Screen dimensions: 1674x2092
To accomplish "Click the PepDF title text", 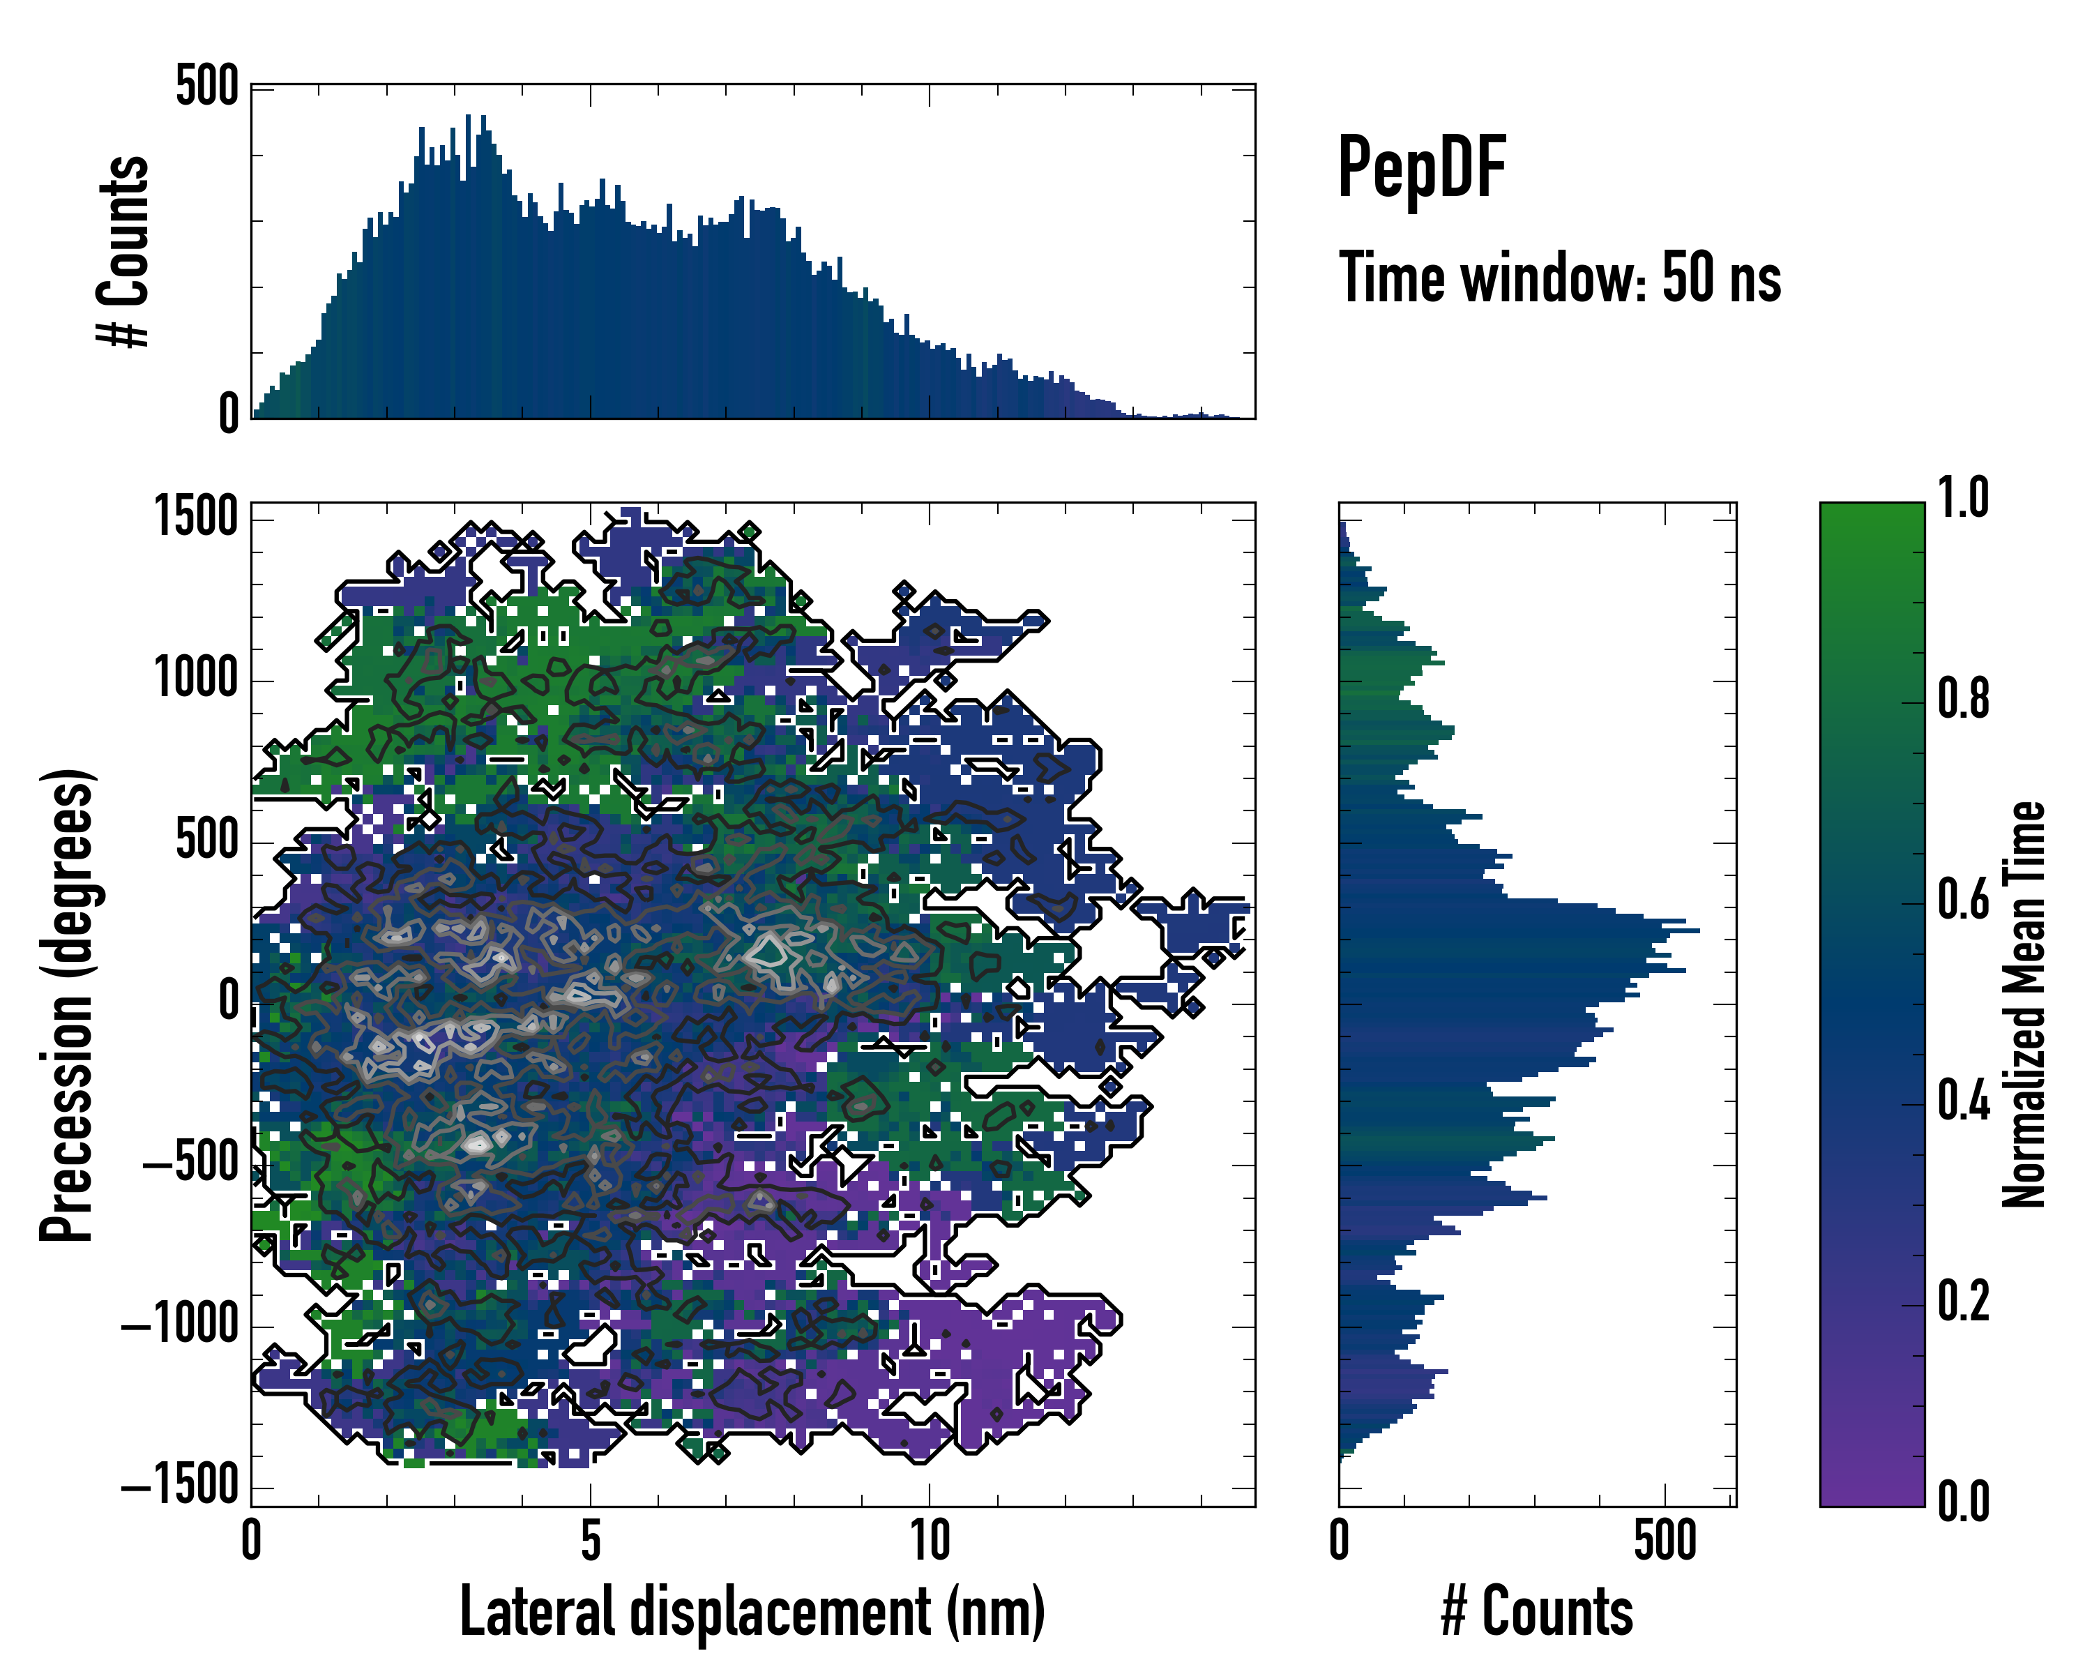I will (1420, 167).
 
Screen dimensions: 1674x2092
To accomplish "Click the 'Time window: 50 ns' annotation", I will (1559, 278).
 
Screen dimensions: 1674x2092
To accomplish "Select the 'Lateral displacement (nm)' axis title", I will (752, 1612).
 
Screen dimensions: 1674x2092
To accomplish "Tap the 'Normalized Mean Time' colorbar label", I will (2023, 1004).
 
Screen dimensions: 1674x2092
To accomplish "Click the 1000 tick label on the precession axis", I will (196, 679).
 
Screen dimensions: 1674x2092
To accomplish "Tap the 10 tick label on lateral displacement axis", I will (929, 1540).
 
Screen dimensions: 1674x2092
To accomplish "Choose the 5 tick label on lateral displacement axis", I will (591, 1540).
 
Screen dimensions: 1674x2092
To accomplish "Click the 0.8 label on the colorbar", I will (1963, 699).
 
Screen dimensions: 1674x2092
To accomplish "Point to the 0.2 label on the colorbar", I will (1963, 1302).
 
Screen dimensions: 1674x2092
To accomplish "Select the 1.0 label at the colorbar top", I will (1963, 499).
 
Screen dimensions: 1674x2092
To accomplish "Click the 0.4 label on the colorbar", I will (1963, 1101).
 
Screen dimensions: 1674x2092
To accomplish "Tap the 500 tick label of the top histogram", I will (206, 86).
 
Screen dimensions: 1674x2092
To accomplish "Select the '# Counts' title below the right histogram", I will (1537, 1612).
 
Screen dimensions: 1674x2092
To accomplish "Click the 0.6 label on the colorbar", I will (1963, 900).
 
